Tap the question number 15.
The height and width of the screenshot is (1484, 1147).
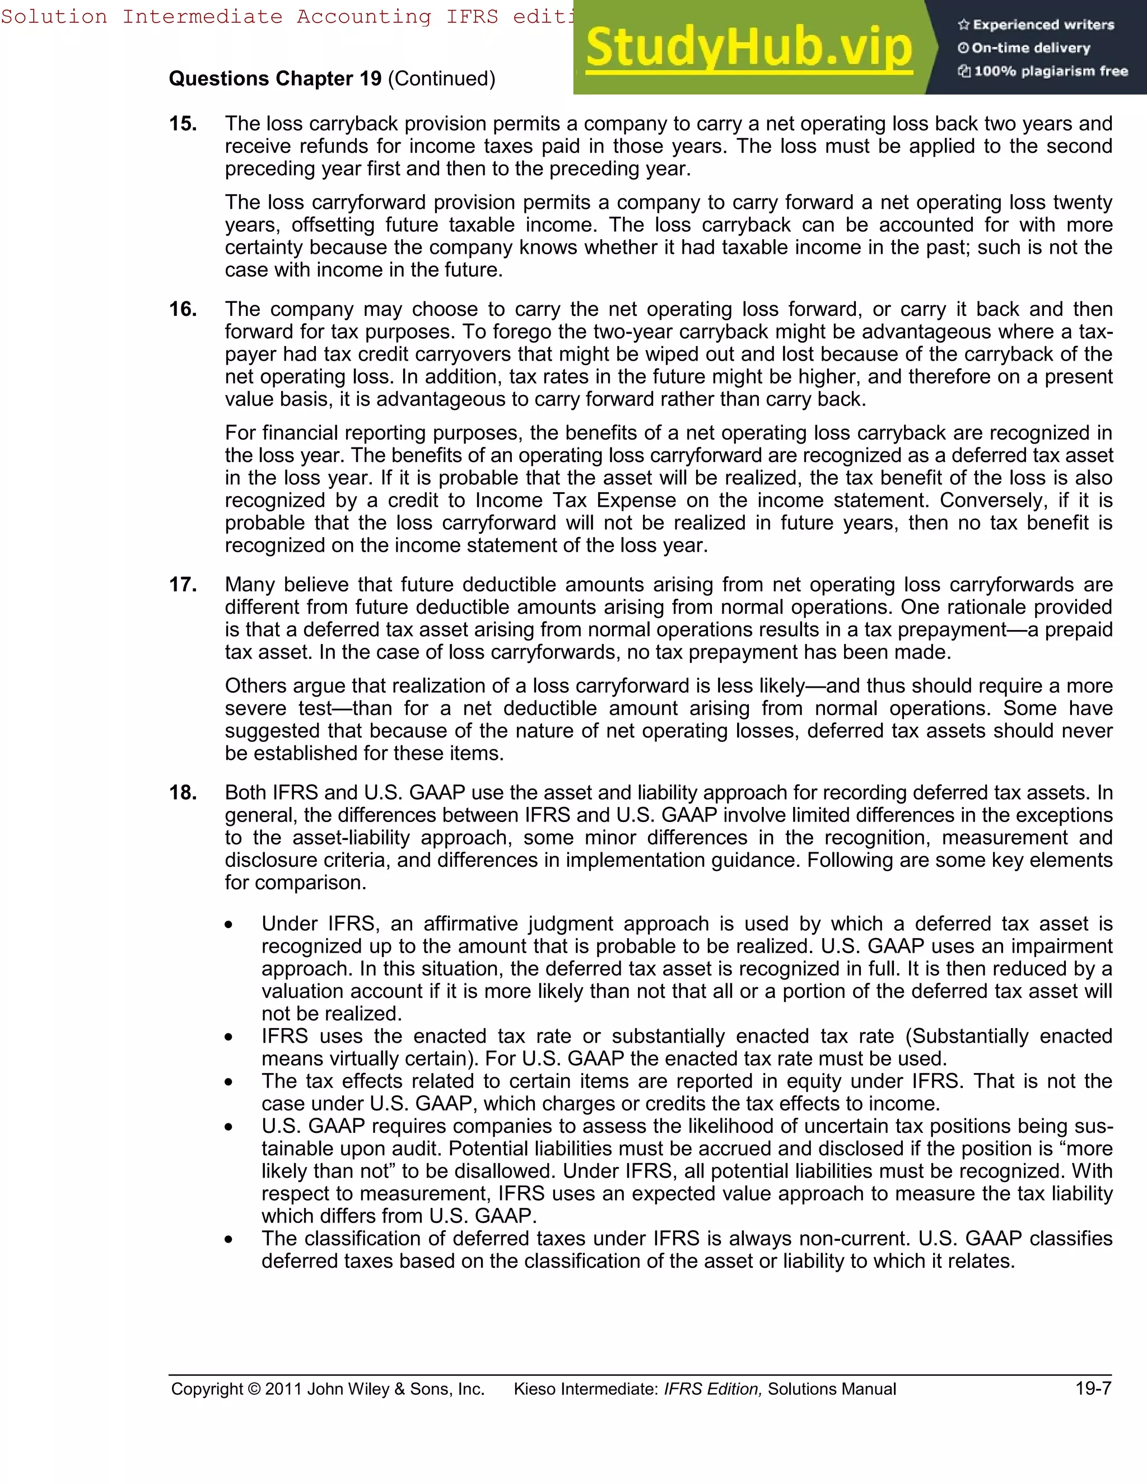[183, 124]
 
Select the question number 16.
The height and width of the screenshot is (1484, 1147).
[183, 309]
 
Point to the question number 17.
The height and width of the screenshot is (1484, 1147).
[183, 584]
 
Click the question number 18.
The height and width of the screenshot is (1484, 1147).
[183, 792]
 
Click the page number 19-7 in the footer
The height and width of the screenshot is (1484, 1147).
[1093, 1389]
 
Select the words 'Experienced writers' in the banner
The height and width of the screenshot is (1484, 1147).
[1043, 25]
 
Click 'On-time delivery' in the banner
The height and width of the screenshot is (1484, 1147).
[1030, 48]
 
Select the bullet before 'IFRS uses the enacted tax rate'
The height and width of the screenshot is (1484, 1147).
[230, 1038]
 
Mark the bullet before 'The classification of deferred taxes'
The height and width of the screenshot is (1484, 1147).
[230, 1240]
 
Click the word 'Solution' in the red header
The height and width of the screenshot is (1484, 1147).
[54, 16]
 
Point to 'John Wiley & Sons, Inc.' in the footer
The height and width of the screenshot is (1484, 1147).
[395, 1389]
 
